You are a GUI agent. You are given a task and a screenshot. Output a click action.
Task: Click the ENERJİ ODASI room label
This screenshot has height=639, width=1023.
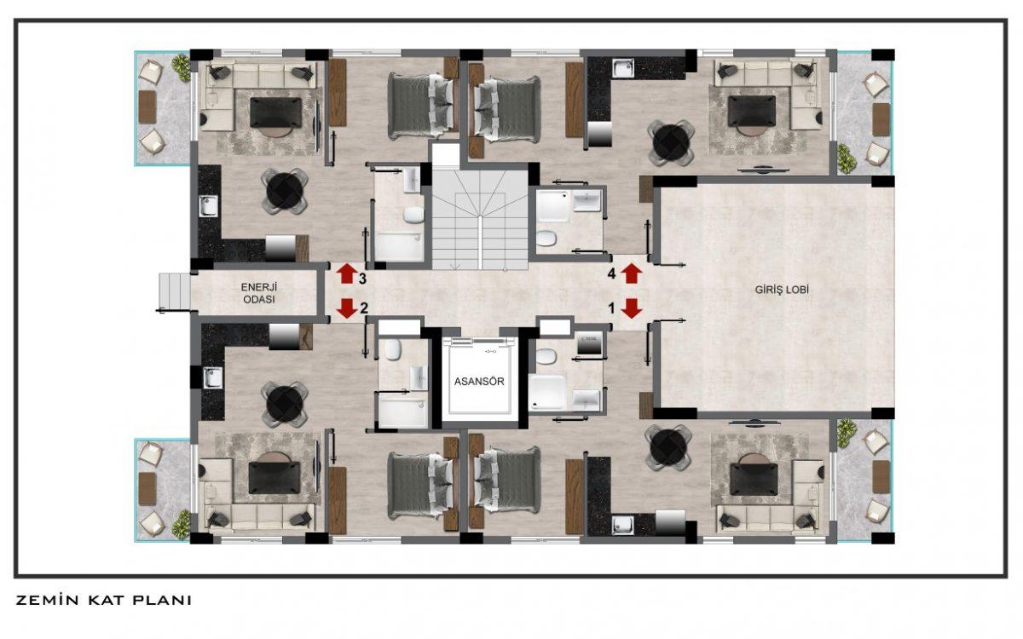[259, 293]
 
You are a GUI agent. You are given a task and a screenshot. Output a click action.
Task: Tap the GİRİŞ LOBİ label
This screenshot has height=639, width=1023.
[782, 290]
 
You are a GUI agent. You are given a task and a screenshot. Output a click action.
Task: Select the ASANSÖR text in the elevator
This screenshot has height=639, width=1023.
[479, 382]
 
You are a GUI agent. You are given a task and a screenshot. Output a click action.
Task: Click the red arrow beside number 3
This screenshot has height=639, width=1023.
[347, 273]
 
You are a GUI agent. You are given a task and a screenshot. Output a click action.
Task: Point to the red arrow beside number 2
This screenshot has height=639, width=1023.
[347, 308]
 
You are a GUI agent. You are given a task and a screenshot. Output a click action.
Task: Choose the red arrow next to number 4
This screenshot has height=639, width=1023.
[632, 273]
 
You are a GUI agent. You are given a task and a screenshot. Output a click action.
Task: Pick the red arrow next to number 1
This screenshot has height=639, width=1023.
[632, 308]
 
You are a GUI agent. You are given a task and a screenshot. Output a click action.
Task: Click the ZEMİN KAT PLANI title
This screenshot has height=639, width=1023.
[104, 600]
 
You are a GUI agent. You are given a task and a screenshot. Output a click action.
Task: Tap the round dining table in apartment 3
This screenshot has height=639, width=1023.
[284, 191]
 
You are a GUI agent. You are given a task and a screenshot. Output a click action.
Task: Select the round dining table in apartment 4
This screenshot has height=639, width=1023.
[671, 143]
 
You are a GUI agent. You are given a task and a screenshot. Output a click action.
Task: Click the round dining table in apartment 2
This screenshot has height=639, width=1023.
[284, 404]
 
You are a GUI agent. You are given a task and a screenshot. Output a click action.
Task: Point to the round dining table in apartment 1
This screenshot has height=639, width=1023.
[668, 447]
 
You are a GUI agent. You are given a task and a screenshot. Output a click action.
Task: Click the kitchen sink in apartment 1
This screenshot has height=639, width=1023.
[622, 525]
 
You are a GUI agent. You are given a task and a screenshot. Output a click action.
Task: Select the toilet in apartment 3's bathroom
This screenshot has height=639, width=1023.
[413, 215]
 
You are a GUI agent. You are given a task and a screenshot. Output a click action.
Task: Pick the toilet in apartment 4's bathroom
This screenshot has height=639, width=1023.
[546, 239]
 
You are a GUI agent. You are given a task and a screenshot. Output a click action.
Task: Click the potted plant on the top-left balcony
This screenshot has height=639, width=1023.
[182, 67]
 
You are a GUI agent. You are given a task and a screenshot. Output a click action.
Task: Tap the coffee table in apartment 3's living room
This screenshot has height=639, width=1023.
[276, 112]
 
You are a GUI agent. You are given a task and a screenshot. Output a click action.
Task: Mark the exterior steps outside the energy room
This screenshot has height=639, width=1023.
[175, 291]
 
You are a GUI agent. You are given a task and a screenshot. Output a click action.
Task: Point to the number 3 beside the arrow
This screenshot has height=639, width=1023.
[362, 279]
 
